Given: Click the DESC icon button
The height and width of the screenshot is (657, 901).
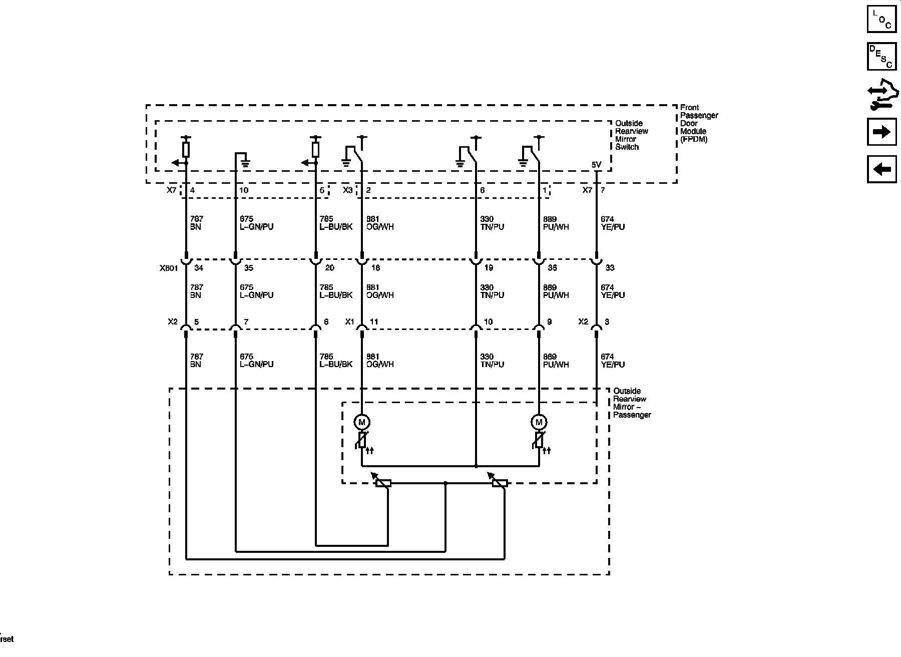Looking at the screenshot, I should tap(881, 57).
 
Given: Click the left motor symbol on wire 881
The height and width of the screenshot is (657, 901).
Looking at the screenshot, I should tap(362, 422).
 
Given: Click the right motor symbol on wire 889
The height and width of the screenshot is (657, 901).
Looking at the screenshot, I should tap(539, 422).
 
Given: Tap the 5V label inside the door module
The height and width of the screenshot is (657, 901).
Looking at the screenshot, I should tap(596, 165).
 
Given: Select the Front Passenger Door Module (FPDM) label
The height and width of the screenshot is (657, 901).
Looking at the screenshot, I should tap(699, 123).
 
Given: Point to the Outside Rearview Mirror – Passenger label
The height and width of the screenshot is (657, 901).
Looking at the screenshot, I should tap(632, 403).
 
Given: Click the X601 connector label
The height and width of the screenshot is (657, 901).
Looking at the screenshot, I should tap(169, 268).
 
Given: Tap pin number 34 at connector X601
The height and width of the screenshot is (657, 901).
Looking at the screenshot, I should tap(199, 268).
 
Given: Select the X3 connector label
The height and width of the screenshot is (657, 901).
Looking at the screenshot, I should tap(347, 190).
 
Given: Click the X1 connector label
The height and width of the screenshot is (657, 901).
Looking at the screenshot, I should tap(349, 322).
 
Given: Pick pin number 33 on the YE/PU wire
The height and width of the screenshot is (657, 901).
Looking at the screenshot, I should tap(610, 268).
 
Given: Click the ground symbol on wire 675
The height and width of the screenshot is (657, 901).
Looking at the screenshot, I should tap(245, 161).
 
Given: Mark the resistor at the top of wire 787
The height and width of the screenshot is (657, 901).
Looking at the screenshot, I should tap(186, 149).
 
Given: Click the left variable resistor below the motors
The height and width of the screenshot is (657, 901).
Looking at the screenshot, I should tap(383, 483).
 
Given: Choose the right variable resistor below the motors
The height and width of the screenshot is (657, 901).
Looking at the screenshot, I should tap(500, 483).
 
